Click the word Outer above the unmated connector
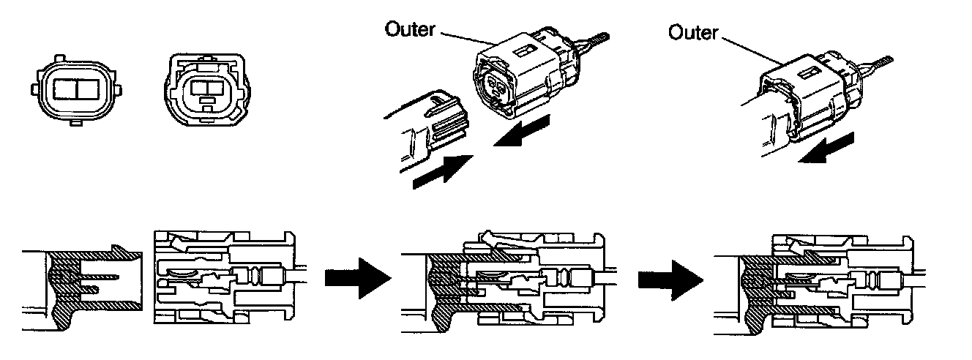click(x=410, y=30)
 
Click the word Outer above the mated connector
click(x=694, y=32)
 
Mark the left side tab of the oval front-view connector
click(x=33, y=89)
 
